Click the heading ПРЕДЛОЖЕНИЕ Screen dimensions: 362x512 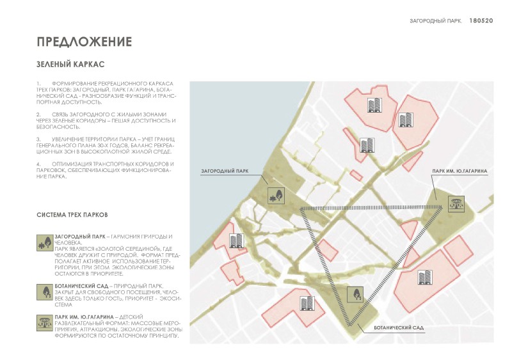[x=84, y=42]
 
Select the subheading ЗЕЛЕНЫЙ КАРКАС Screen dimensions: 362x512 [x=70, y=65]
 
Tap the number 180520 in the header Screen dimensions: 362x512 [x=481, y=20]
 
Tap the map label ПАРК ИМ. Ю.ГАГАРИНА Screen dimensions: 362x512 [x=460, y=172]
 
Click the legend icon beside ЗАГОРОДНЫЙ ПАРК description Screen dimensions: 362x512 [x=45, y=244]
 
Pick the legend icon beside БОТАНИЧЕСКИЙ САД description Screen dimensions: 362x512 [x=45, y=291]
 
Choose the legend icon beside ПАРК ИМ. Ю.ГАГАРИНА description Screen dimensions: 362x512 [x=45, y=323]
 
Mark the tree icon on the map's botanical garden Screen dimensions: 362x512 [x=353, y=294]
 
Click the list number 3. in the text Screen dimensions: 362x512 [x=39, y=139]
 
